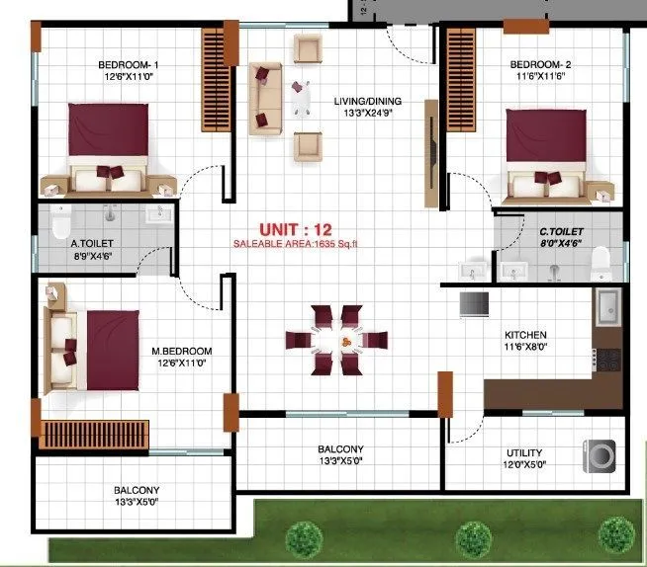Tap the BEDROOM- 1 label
click(x=129, y=65)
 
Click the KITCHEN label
click(x=526, y=335)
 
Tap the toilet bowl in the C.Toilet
click(x=600, y=261)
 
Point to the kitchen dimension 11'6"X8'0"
click(x=526, y=348)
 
